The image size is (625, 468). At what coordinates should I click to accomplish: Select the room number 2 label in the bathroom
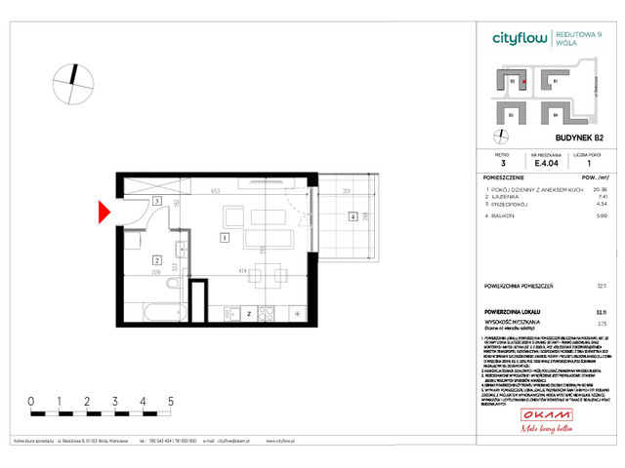tap(156, 260)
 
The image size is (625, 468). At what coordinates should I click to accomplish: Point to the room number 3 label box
tap(156, 201)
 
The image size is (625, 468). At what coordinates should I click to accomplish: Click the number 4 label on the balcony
tap(352, 216)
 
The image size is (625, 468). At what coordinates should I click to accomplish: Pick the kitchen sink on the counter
tap(236, 314)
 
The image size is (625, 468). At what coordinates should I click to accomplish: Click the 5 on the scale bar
tap(171, 401)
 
